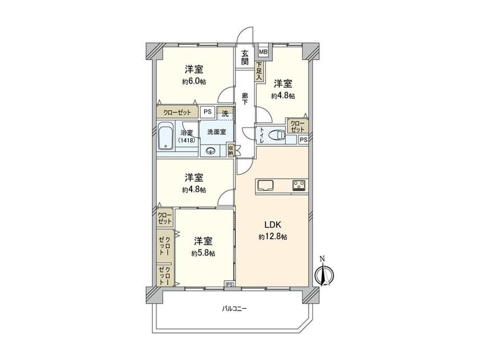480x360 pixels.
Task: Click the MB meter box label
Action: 263,52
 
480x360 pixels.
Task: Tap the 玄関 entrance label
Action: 245,57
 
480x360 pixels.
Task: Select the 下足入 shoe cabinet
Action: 259,71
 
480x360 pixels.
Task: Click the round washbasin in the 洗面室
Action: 211,151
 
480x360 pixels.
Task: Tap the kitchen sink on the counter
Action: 266,185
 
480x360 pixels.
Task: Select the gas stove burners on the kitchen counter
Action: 299,185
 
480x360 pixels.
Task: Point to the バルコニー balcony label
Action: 234,308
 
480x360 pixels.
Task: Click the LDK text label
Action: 273,225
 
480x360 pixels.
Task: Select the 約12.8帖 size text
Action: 273,237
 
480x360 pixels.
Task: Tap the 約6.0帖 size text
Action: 194,82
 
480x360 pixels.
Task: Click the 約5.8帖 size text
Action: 203,254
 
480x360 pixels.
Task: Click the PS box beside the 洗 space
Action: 208,112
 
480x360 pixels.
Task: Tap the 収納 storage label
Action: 231,150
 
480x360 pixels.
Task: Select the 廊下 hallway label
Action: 245,99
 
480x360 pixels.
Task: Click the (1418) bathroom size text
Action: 187,140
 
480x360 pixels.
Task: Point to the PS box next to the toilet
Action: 303,140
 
